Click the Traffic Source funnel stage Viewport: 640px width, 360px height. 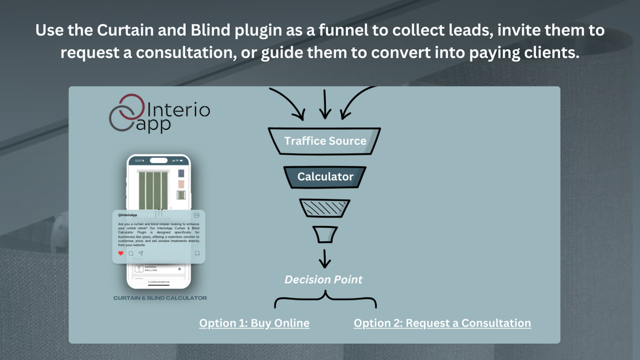point(325,141)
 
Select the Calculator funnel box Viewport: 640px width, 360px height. point(325,176)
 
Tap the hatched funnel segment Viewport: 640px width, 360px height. point(324,208)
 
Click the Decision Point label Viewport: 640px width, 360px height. point(323,279)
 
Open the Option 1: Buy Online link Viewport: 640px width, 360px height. point(254,323)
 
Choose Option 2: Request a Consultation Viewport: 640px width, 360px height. point(442,323)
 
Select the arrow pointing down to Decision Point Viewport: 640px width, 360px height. point(325,258)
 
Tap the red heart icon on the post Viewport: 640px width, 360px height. point(120,253)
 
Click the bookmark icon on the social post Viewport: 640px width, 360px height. point(197,253)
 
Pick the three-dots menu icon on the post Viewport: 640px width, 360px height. point(196,215)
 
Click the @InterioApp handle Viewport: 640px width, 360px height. point(127,215)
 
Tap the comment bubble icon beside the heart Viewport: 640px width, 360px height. point(131,253)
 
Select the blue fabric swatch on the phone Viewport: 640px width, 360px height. point(181,173)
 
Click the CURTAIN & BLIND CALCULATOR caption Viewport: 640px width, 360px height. point(160,298)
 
